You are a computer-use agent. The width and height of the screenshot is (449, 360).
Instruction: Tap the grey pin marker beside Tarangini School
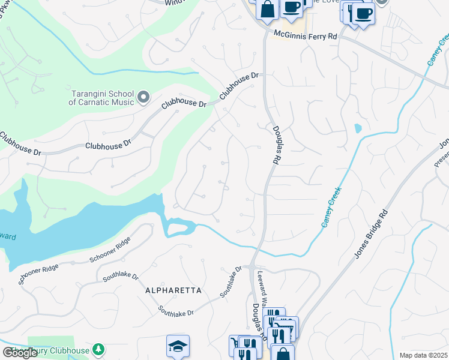click(143, 97)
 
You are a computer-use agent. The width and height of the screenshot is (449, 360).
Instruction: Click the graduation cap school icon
click(178, 345)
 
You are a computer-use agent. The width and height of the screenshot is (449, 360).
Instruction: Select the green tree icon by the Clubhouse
click(98, 349)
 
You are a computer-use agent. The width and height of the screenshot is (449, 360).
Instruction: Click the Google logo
click(20, 353)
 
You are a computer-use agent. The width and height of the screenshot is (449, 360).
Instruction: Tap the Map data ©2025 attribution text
click(423, 355)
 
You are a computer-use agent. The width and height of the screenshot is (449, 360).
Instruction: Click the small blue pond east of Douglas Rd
click(358, 128)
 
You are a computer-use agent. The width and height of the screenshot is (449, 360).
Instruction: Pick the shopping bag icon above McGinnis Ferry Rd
click(267, 10)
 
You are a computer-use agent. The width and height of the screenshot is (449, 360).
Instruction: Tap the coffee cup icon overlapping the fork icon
click(363, 13)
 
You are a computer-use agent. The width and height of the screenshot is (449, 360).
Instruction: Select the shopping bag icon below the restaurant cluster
click(282, 353)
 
